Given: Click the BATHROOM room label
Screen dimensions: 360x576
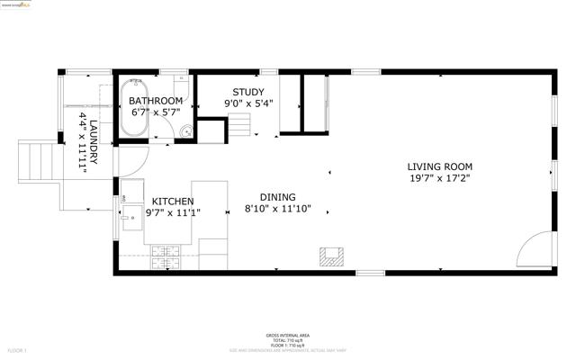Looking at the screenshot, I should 156,101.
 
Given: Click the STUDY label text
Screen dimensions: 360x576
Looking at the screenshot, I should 248,92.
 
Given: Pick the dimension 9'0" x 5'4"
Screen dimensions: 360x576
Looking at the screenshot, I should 248,103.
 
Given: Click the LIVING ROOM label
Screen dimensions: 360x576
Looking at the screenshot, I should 439,166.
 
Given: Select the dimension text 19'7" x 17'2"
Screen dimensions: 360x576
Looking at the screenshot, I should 439,178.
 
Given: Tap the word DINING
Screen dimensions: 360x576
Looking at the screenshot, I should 277,197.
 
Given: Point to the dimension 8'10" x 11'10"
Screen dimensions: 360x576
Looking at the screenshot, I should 277,209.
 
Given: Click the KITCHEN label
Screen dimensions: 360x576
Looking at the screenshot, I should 175,202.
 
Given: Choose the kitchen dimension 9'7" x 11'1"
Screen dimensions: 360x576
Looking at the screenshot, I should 175,213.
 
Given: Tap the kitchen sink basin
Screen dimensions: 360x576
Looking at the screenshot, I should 132,217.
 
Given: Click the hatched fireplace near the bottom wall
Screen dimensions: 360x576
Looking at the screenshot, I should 331,256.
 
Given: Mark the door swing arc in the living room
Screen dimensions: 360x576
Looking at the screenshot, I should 534,248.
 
